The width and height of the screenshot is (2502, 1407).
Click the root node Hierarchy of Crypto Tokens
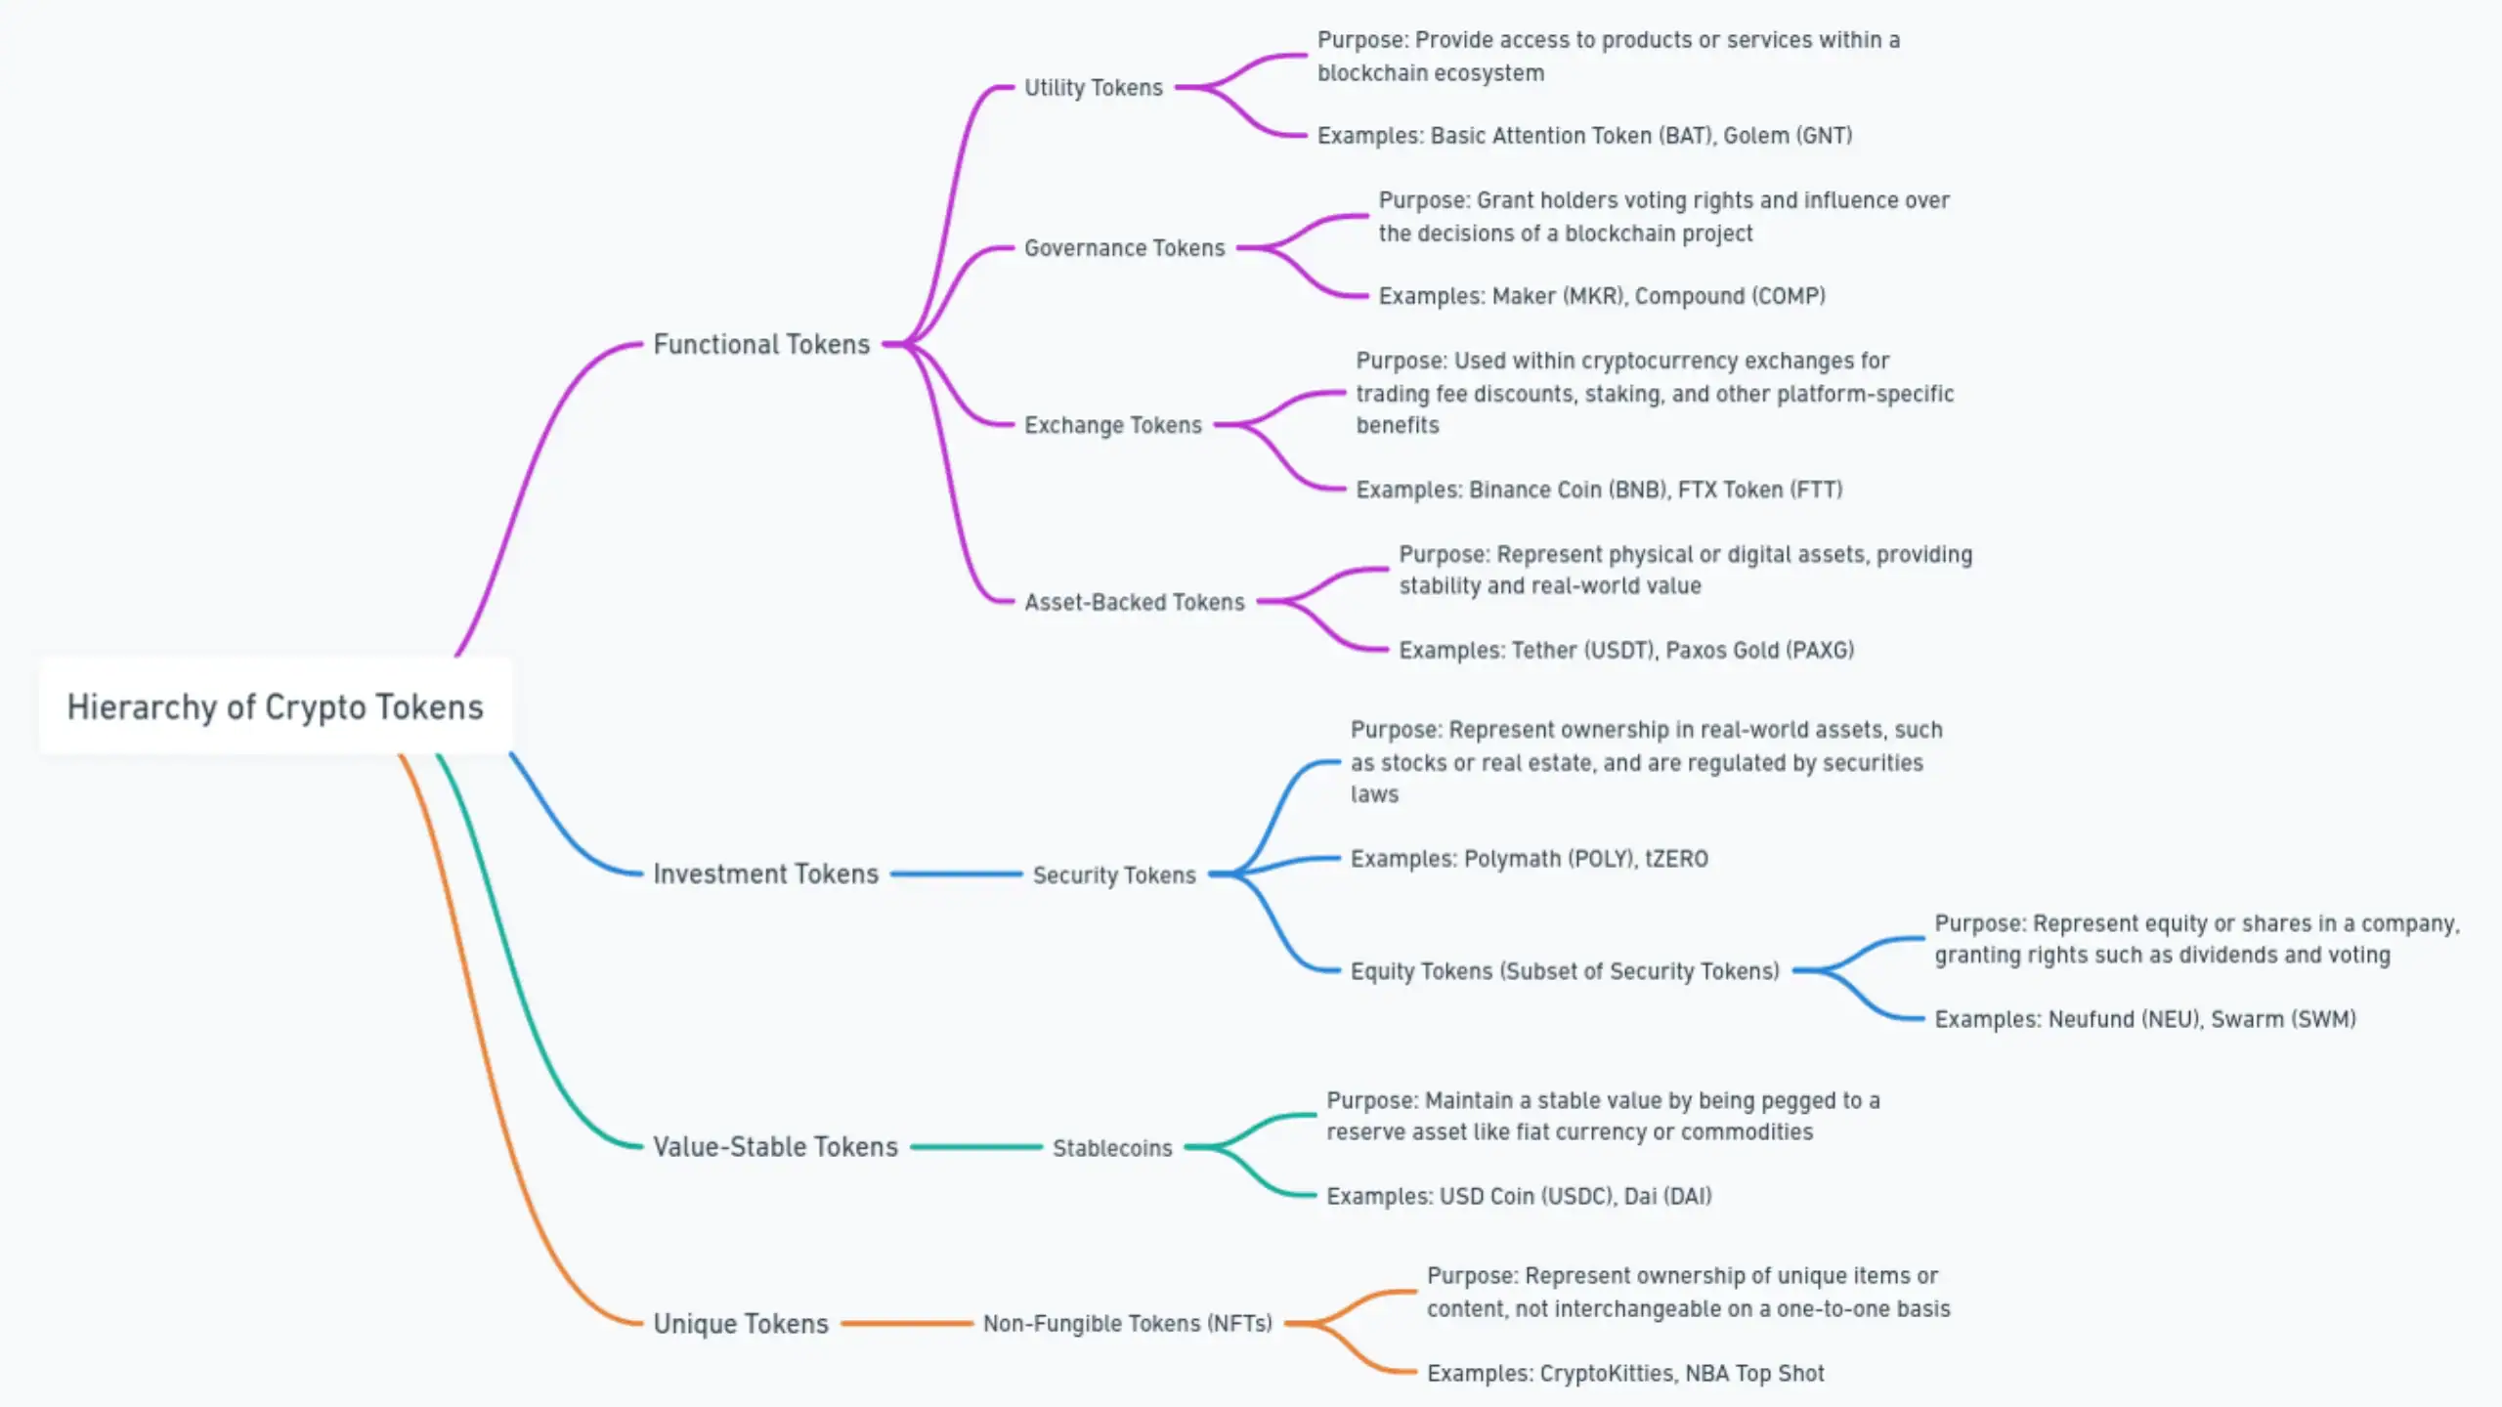click(275, 706)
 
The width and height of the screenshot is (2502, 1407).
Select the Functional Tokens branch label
click(761, 344)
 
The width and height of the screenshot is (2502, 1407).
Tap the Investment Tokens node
click(766, 874)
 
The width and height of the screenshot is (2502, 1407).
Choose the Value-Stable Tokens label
click(775, 1146)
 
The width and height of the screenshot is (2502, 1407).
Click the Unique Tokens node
click(741, 1323)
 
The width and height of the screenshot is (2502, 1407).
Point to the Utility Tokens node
click(1094, 88)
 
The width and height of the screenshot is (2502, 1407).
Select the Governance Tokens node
click(1125, 248)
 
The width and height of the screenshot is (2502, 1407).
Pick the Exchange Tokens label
click(1113, 425)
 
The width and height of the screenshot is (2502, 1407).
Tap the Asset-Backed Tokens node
click(1135, 602)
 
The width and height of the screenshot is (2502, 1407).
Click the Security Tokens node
click(1114, 874)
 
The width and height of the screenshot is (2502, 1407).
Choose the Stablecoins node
click(1112, 1148)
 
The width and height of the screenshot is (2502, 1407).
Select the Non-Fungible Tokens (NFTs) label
click(1128, 1323)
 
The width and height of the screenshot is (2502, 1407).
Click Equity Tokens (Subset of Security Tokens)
click(1565, 971)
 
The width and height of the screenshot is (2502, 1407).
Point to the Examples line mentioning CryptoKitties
click(1625, 1373)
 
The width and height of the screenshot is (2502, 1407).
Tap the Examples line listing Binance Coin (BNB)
click(1599, 490)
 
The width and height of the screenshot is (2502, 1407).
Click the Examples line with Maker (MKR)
click(1602, 296)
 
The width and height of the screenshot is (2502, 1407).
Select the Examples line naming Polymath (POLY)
click(1530, 859)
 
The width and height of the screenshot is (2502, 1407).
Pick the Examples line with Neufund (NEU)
click(2145, 1019)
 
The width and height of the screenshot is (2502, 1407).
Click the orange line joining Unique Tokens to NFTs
click(907, 1324)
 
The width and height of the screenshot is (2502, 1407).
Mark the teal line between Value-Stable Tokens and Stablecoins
click(976, 1147)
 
